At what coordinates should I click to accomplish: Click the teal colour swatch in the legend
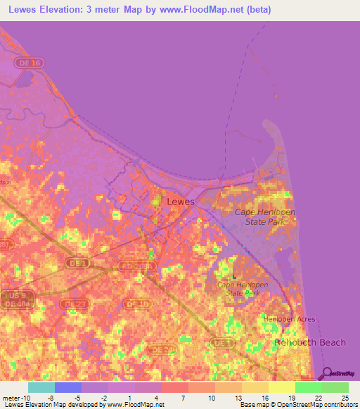[x=41, y=387]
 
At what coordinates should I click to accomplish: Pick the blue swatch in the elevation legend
[x=68, y=387]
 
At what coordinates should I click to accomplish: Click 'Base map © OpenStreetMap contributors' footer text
[x=298, y=405]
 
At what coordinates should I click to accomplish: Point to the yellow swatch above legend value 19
[x=282, y=387]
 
